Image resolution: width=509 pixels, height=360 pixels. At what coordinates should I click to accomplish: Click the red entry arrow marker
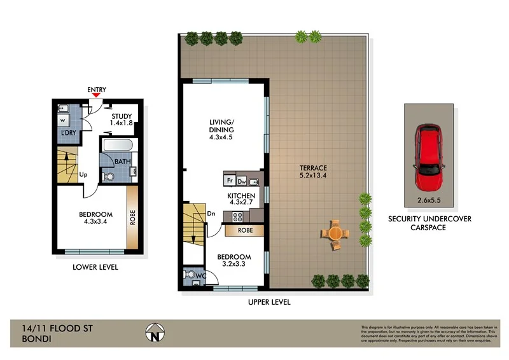96,95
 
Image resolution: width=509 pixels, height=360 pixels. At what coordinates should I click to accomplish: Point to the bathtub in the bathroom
118,146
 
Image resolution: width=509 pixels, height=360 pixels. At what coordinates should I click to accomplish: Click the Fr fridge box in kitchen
230,180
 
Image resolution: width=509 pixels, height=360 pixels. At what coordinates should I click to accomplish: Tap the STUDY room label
122,116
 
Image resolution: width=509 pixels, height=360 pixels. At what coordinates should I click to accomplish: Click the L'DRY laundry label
68,132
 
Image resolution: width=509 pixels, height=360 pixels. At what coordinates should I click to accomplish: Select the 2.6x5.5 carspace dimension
428,200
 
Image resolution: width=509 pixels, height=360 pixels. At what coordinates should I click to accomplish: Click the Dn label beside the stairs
211,214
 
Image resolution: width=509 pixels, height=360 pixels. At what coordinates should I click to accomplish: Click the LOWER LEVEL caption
95,267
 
